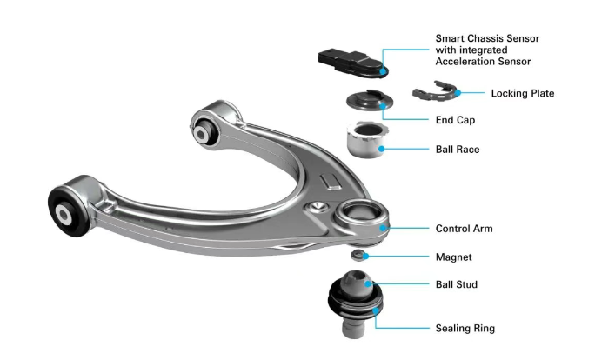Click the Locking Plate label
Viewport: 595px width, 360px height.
coord(522,92)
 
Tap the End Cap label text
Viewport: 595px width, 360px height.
coord(455,120)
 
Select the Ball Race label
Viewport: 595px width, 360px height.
coord(457,150)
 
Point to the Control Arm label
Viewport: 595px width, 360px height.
coord(464,229)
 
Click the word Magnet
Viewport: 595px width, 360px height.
coord(453,257)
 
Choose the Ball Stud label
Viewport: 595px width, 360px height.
coord(456,284)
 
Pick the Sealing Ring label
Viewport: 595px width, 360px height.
coord(465,329)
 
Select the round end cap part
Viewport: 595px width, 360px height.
coord(365,102)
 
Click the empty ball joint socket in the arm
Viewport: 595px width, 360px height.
coord(360,214)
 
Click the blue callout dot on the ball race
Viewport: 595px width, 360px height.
coord(380,149)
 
